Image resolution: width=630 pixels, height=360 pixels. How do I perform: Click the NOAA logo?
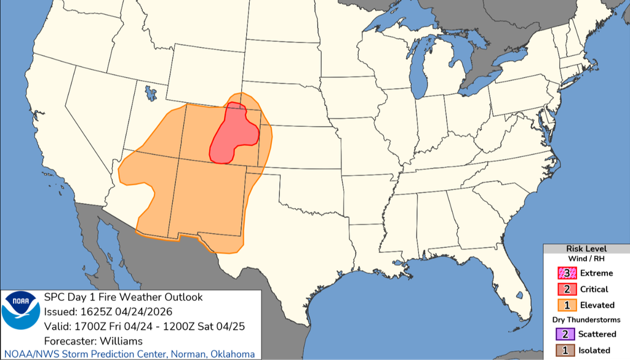[x=21, y=311]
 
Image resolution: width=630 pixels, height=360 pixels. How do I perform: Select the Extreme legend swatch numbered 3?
[x=565, y=273]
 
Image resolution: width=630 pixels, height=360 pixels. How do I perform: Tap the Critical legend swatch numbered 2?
[x=565, y=289]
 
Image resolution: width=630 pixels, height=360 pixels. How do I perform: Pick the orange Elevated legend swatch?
[x=565, y=305]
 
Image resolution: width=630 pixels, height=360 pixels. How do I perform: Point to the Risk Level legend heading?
[x=586, y=249]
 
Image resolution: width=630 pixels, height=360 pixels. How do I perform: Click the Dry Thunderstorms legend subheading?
[x=586, y=320]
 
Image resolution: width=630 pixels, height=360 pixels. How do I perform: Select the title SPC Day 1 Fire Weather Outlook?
[x=124, y=297]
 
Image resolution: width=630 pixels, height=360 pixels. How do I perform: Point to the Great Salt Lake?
[x=150, y=94]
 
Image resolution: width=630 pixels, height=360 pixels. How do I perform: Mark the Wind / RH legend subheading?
[x=586, y=259]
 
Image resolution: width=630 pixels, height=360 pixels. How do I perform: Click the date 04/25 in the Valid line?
[x=234, y=326]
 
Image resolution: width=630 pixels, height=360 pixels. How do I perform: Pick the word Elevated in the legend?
[x=596, y=305]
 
